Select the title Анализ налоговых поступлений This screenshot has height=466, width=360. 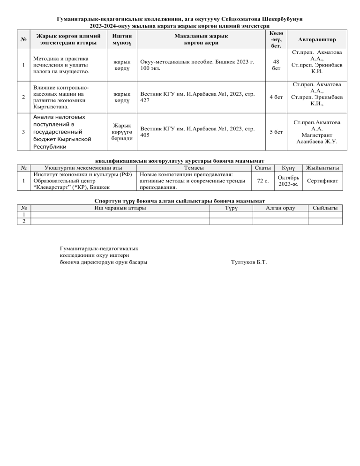click(61, 132)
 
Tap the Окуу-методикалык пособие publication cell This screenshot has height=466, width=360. click(197, 65)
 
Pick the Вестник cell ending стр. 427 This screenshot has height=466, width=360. click(197, 98)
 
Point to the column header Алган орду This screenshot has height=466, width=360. click(280, 208)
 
